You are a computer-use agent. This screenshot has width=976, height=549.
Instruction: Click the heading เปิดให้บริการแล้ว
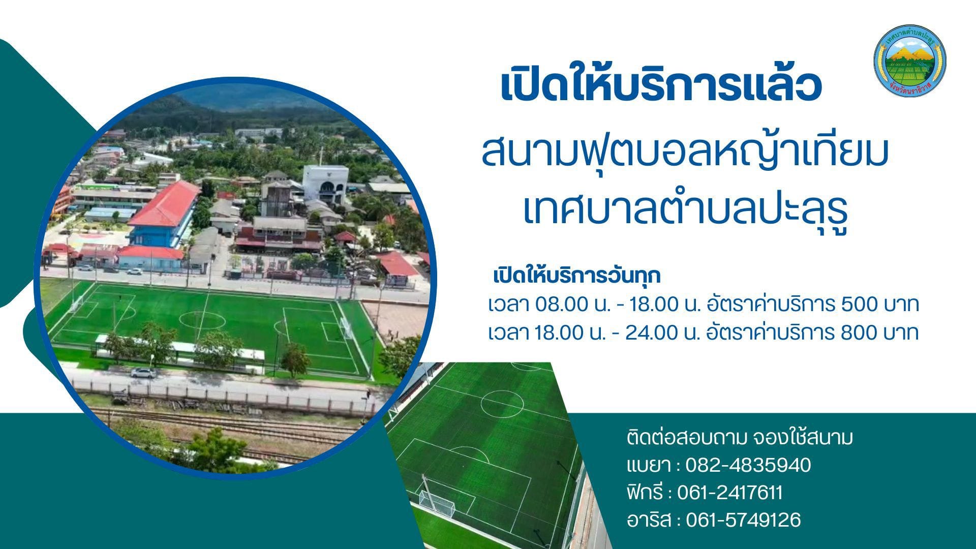coord(661,86)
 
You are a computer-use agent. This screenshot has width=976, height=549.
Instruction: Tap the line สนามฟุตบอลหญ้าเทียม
coord(684,151)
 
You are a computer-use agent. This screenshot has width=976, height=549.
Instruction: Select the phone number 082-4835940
coord(748,465)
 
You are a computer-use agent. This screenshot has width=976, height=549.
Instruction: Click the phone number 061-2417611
coord(730,493)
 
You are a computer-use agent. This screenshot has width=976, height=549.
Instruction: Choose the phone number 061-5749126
coord(743,520)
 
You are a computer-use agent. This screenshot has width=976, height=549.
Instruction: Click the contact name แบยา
coord(647,465)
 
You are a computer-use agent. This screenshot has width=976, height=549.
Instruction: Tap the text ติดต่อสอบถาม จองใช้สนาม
coord(740,437)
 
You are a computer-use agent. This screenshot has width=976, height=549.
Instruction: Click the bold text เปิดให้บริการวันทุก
coord(577,276)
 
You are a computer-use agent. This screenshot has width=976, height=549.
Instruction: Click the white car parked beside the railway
coord(143,373)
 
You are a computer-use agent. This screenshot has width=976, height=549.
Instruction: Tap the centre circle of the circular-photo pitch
coord(202,320)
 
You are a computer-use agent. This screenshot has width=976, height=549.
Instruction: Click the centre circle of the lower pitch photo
coord(502,404)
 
